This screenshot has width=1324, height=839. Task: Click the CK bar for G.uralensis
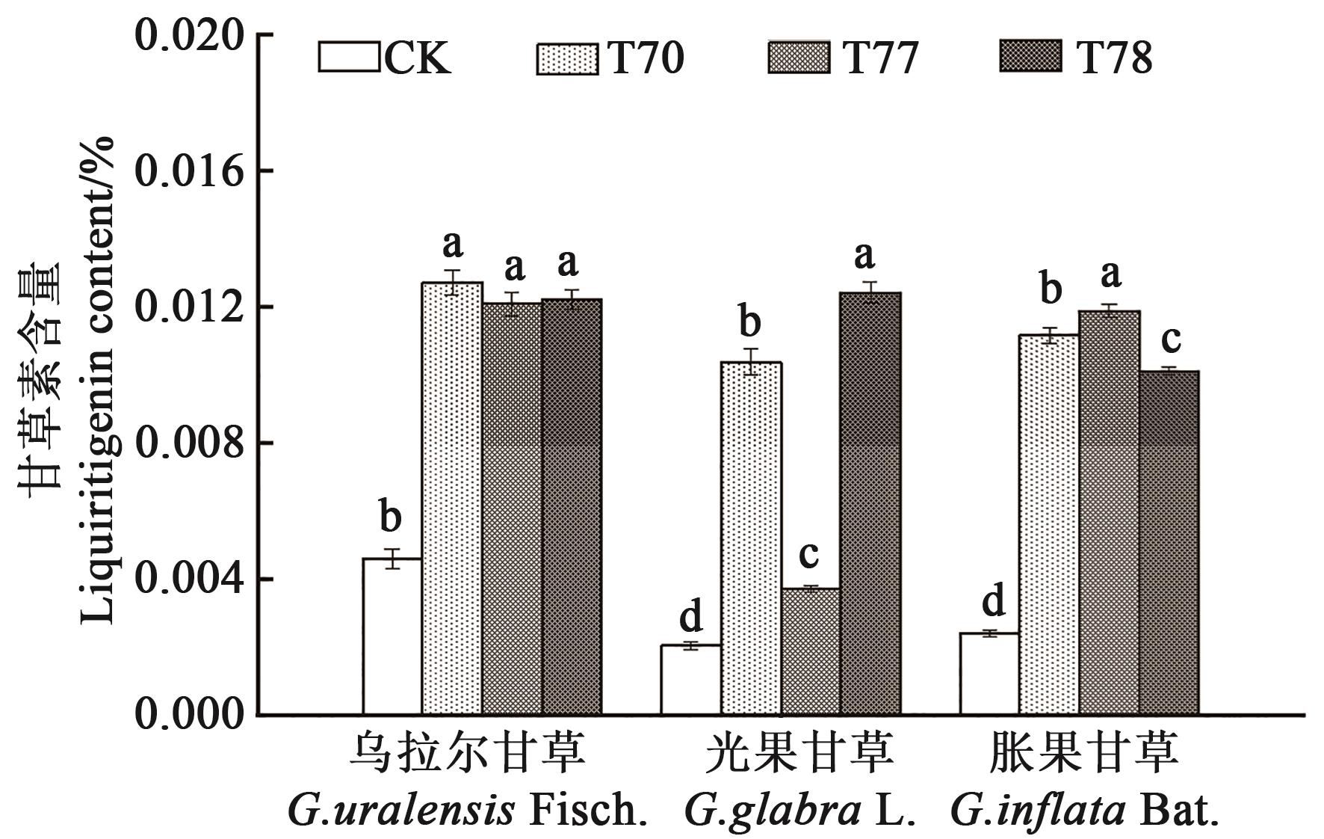(x=392, y=636)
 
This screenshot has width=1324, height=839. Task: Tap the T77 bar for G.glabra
(x=810, y=651)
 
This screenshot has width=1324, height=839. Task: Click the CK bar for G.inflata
(x=989, y=674)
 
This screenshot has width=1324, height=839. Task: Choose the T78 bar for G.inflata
(x=1169, y=543)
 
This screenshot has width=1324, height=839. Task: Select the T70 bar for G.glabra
(x=751, y=538)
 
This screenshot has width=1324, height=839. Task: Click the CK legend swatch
(x=349, y=58)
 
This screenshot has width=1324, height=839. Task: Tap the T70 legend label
(x=646, y=58)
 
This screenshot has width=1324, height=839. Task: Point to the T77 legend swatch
(x=798, y=58)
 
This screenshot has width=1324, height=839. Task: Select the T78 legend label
(x=1113, y=58)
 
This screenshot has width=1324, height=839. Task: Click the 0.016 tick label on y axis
(x=190, y=171)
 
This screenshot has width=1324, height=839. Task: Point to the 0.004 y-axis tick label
(x=190, y=579)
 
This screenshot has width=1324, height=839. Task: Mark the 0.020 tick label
(x=190, y=35)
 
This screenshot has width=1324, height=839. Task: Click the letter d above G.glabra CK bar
(x=691, y=617)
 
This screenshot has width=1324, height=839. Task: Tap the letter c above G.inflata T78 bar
(x=1170, y=339)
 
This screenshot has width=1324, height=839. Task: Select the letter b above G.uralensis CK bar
(x=391, y=517)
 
